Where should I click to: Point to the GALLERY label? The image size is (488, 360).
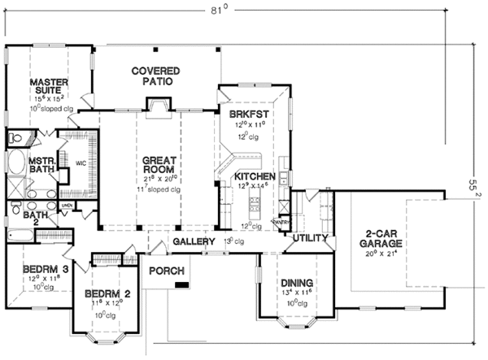click(x=194, y=242)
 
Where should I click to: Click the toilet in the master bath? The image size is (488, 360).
click(x=18, y=137)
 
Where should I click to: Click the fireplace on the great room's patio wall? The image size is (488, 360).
click(x=156, y=104)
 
